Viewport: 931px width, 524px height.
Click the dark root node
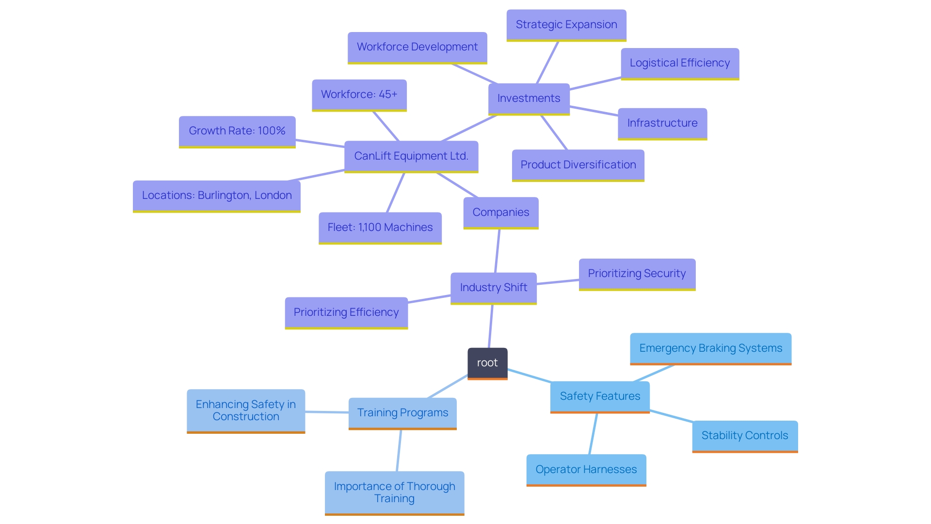pyautogui.click(x=487, y=363)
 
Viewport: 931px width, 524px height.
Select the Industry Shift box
pyautogui.click(x=493, y=288)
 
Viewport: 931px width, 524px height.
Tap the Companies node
pyautogui.click(x=500, y=213)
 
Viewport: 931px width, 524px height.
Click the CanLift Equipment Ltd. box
pyautogui.click(x=411, y=156)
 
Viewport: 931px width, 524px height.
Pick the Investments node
pyautogui.click(x=529, y=98)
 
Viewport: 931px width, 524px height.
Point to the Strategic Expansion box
pyautogui.click(x=566, y=25)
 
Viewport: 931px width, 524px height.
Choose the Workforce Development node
pyautogui.click(x=417, y=47)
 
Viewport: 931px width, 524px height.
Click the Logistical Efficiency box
pyautogui.click(x=679, y=63)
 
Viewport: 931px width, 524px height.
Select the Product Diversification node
pyautogui.click(x=578, y=165)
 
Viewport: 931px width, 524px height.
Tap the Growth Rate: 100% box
pyautogui.click(x=237, y=131)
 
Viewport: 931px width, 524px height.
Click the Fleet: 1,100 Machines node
pyautogui.click(x=380, y=228)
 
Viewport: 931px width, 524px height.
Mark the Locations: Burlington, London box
pyautogui.click(x=216, y=196)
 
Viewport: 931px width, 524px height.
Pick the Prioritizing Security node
pyautogui.click(x=637, y=274)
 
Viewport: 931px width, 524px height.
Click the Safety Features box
pyautogui.click(x=600, y=396)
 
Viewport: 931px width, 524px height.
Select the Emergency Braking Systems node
pyautogui.click(x=710, y=348)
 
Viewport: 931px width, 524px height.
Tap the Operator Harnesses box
pyautogui.click(x=586, y=470)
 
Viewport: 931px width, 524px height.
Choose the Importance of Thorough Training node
pyautogui.click(x=394, y=492)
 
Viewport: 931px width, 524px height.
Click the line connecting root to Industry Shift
pyautogui.click(x=490, y=326)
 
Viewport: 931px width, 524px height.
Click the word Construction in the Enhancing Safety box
pyautogui.click(x=246, y=417)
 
